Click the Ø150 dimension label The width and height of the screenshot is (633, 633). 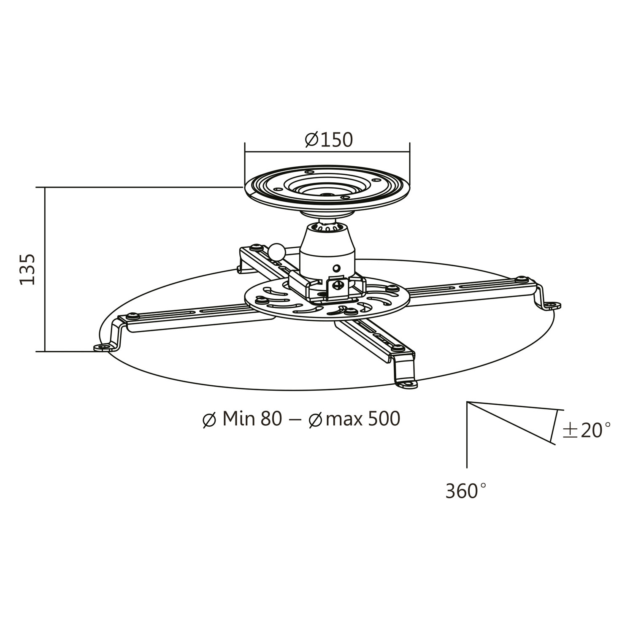(x=328, y=140)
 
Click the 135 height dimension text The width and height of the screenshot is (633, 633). (x=27, y=269)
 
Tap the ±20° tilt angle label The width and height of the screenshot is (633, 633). (x=586, y=430)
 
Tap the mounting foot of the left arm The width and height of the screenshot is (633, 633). (x=103, y=347)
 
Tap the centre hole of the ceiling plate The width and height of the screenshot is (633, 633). (x=326, y=195)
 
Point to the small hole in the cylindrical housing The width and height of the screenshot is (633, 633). (x=336, y=268)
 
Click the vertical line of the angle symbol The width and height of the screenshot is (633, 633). (x=467, y=435)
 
